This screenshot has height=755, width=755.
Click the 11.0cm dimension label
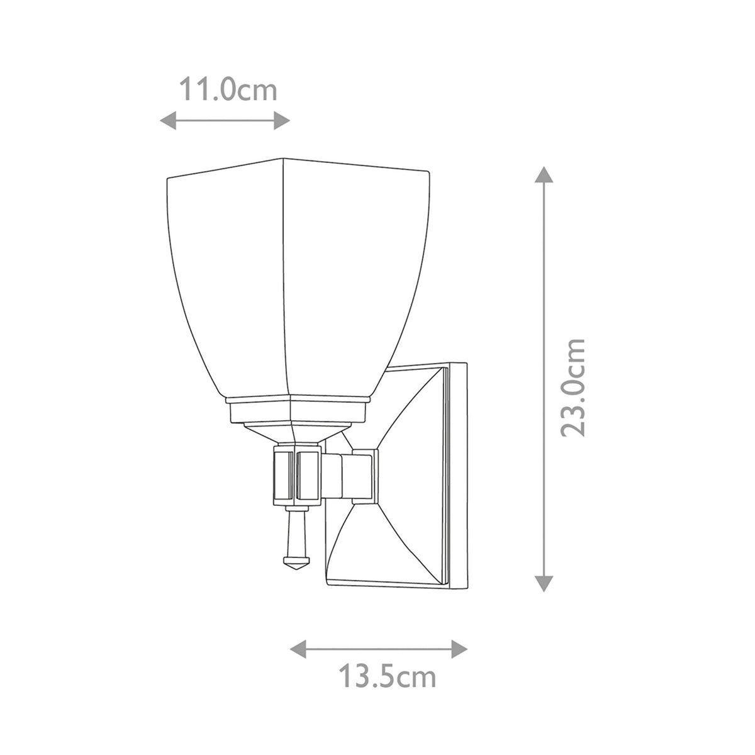[228, 90]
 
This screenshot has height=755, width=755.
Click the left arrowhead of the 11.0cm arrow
[168, 120]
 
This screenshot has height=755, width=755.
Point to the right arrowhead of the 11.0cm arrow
[282, 120]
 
